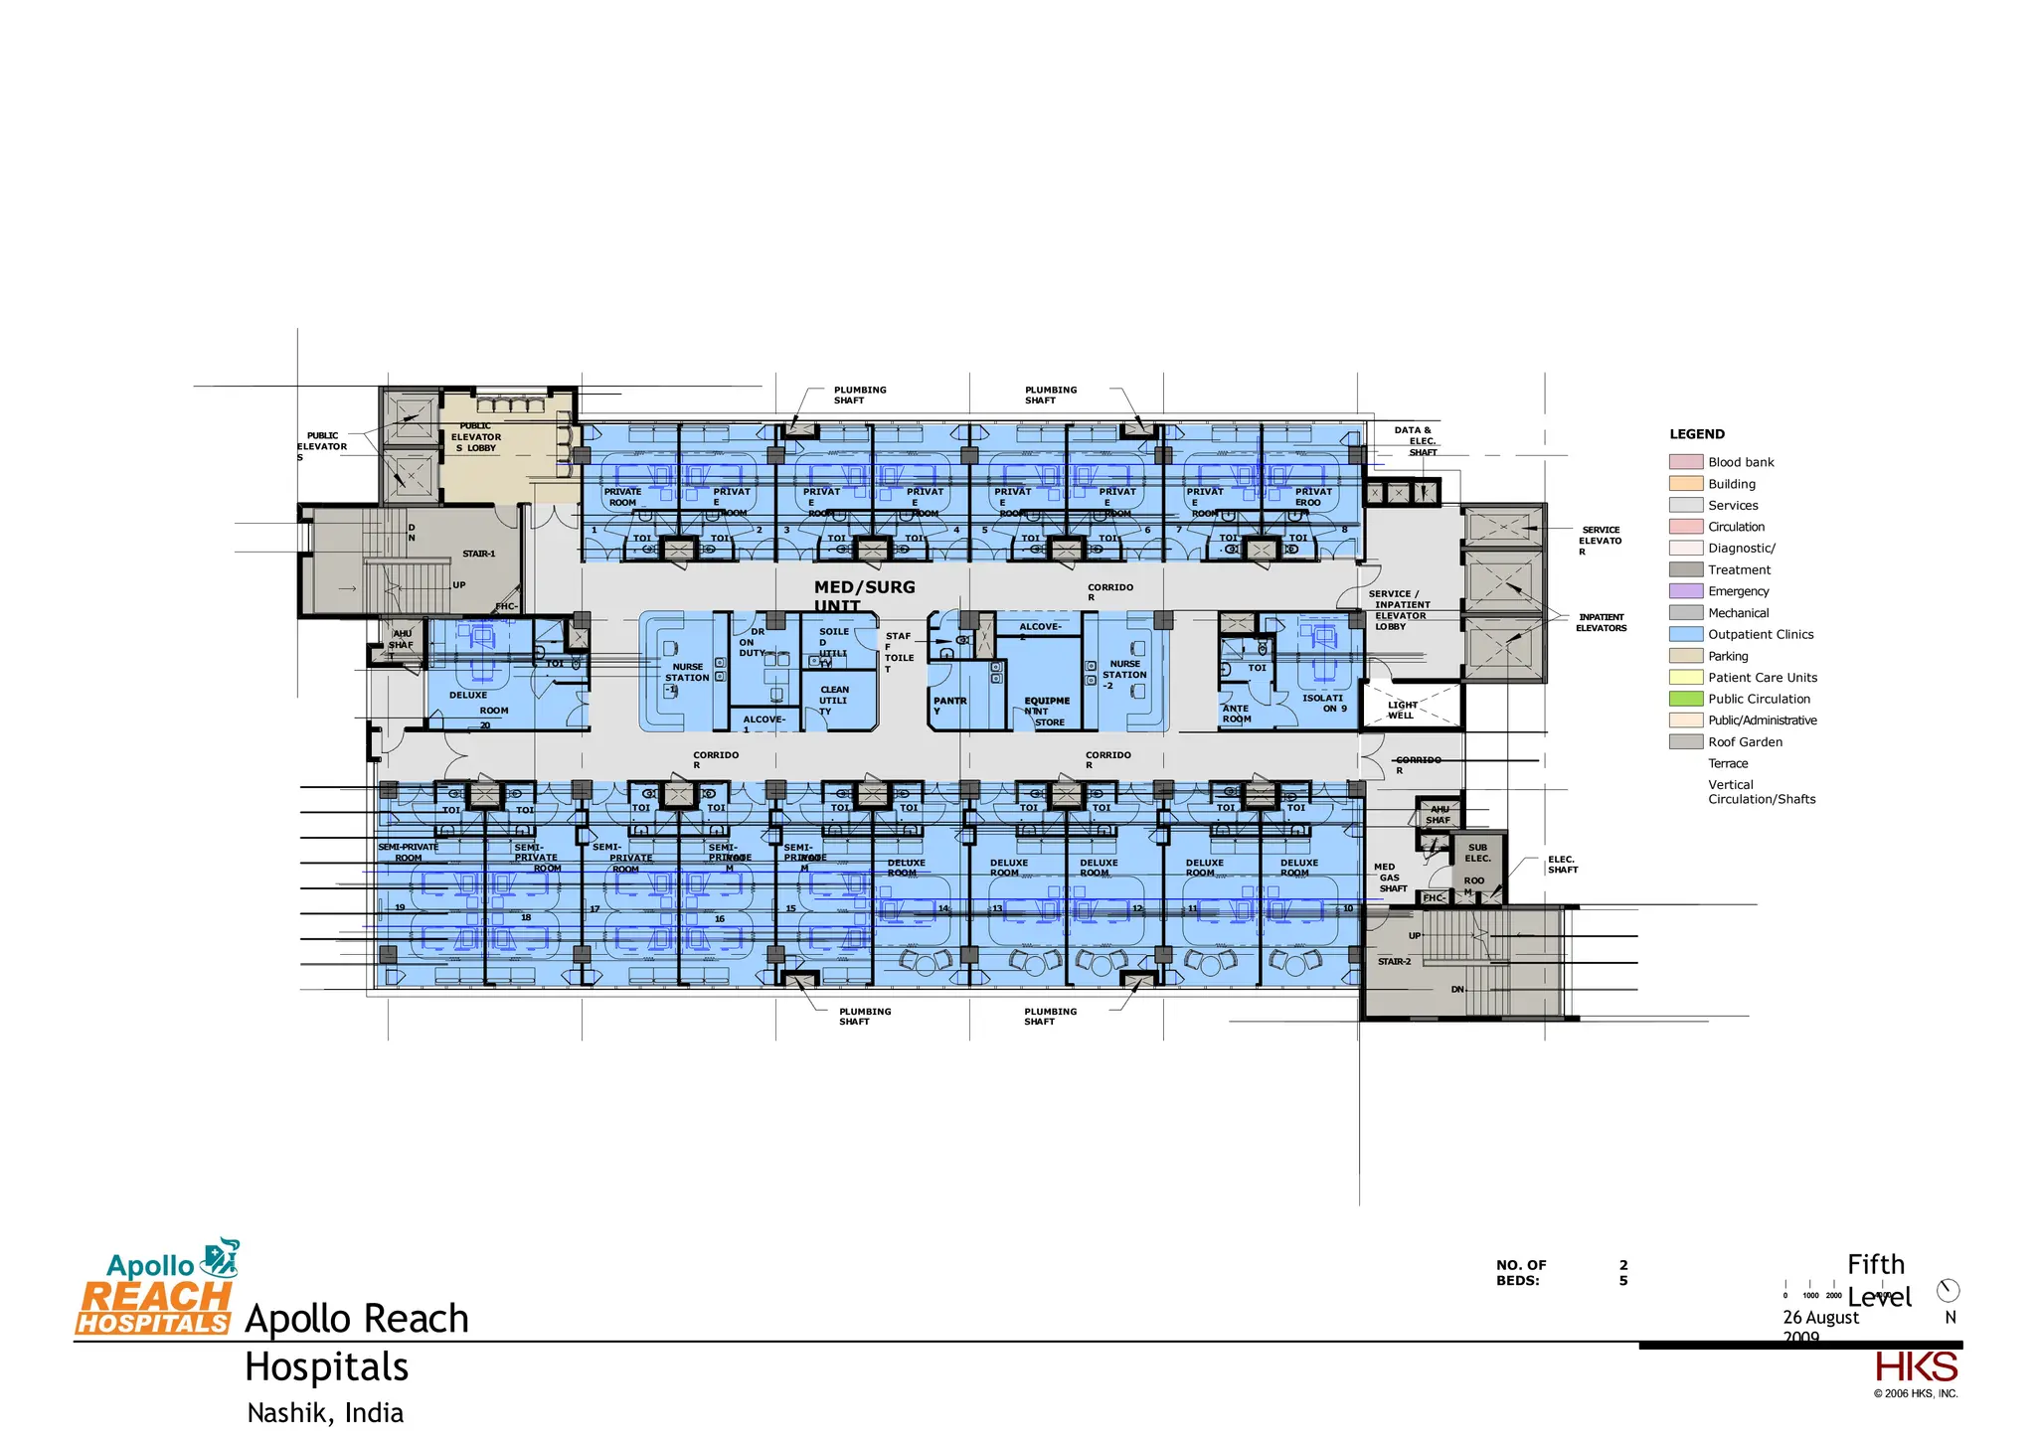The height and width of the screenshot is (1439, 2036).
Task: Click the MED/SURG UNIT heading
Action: point(863,595)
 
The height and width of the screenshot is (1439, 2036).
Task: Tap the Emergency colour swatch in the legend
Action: point(1685,591)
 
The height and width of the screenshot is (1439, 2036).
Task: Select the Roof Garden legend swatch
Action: point(1685,742)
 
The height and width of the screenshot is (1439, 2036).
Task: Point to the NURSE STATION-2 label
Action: point(1124,675)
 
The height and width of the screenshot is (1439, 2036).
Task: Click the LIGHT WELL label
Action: point(1402,710)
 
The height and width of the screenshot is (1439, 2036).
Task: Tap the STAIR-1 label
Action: point(478,554)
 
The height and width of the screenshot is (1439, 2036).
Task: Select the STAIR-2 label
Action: point(1394,962)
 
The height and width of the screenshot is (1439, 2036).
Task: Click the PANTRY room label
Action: point(948,705)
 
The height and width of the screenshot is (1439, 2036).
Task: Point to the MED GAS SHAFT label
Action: point(1391,878)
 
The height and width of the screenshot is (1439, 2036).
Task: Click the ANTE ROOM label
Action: point(1236,714)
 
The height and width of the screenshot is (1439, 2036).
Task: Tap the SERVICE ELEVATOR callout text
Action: point(1600,541)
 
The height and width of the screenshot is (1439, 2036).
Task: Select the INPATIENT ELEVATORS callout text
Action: point(1601,622)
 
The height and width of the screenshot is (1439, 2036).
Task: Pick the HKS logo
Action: point(1916,1367)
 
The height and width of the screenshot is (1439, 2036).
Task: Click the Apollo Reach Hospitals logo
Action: point(155,1288)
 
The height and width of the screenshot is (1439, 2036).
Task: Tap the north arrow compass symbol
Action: point(1948,1291)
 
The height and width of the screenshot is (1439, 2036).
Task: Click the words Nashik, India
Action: point(325,1413)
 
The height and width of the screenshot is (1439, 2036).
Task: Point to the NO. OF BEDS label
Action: point(1520,1272)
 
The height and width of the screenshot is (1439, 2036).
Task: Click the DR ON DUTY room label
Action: point(753,642)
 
